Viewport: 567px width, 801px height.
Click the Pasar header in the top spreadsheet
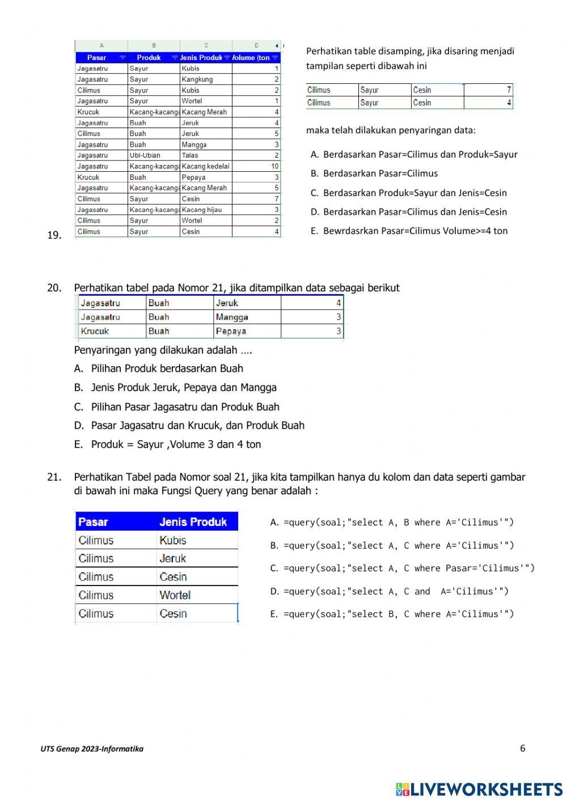tap(97, 58)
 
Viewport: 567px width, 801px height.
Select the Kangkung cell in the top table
tap(197, 79)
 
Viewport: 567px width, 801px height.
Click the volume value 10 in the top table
tap(274, 166)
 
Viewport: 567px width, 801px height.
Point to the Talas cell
tap(190, 155)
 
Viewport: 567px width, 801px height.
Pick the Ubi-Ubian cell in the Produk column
tap(145, 155)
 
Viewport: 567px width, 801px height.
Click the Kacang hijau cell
tap(201, 210)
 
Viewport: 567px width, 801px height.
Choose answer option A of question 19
tap(414, 154)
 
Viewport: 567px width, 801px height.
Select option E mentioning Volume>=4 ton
tap(409, 231)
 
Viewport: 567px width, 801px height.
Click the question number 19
tap(54, 235)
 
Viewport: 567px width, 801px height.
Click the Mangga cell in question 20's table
tap(232, 317)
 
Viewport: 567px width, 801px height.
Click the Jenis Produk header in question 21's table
tap(193, 522)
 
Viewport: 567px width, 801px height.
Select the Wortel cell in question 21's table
tap(175, 595)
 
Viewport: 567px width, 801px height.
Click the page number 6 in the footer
tap(522, 748)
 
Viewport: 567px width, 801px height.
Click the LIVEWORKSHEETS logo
tap(479, 789)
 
